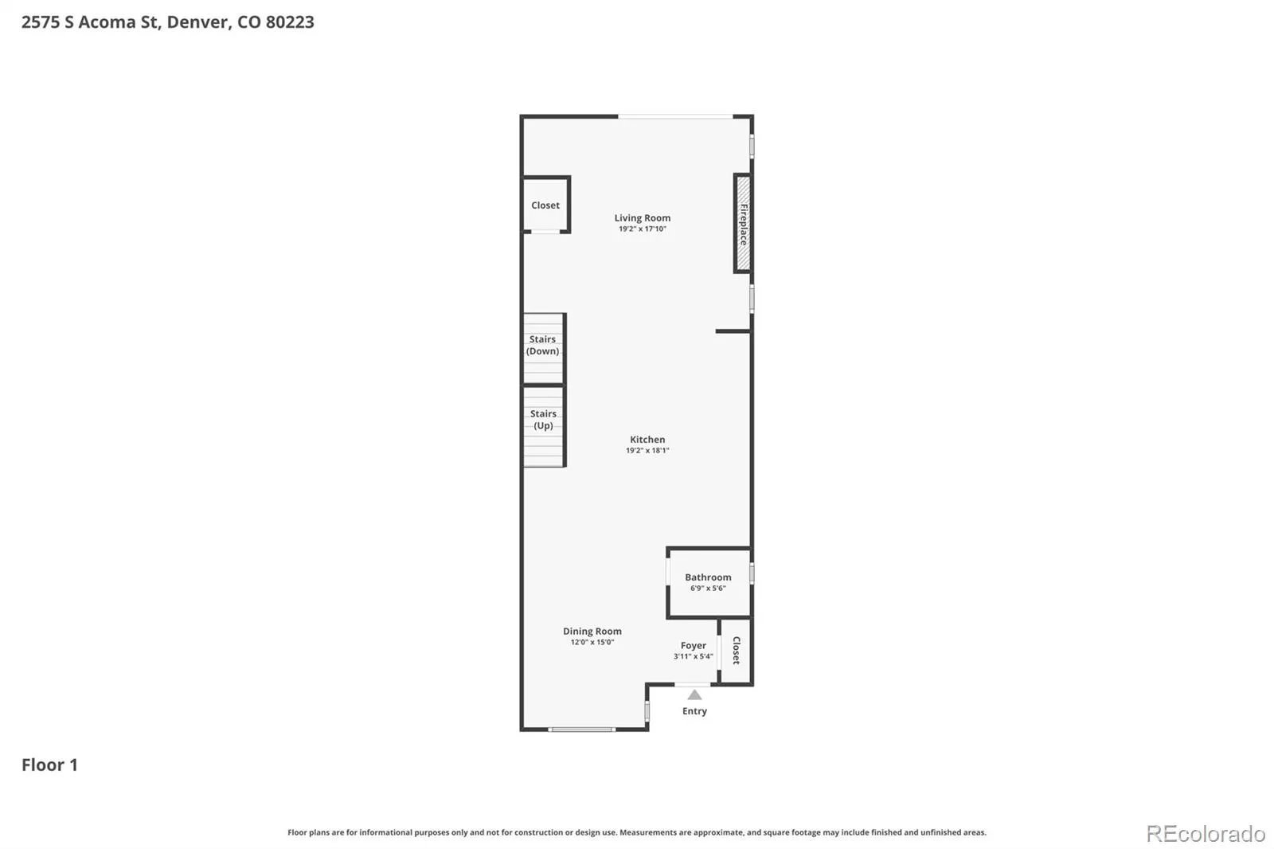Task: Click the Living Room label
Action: click(642, 218)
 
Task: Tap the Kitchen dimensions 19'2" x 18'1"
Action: click(647, 451)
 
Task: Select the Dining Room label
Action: click(592, 631)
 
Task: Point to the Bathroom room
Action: click(709, 583)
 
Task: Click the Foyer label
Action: click(694, 645)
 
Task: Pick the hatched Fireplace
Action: click(743, 223)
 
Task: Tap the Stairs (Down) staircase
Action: click(543, 348)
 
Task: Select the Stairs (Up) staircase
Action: click(543, 426)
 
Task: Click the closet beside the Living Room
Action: click(546, 205)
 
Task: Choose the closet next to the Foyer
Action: click(736, 651)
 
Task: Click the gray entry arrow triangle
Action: click(694, 694)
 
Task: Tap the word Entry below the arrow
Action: click(694, 711)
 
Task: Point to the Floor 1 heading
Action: click(49, 765)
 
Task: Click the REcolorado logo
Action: click(1206, 834)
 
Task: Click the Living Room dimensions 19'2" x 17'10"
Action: click(642, 229)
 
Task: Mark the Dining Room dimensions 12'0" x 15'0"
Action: click(592, 643)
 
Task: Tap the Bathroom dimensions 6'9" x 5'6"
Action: click(708, 589)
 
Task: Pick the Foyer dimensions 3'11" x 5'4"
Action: click(694, 657)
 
